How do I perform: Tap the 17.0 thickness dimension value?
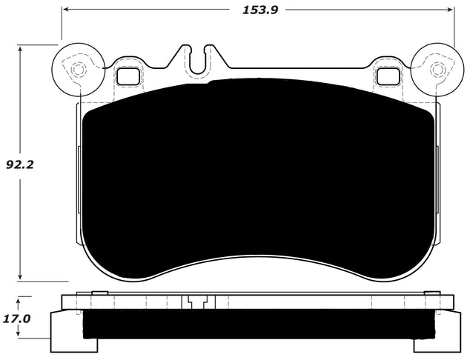pos(17,319)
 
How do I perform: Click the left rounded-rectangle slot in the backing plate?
pos(128,76)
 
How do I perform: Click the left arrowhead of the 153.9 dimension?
pos(67,10)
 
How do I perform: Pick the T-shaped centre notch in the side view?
pos(196,302)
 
